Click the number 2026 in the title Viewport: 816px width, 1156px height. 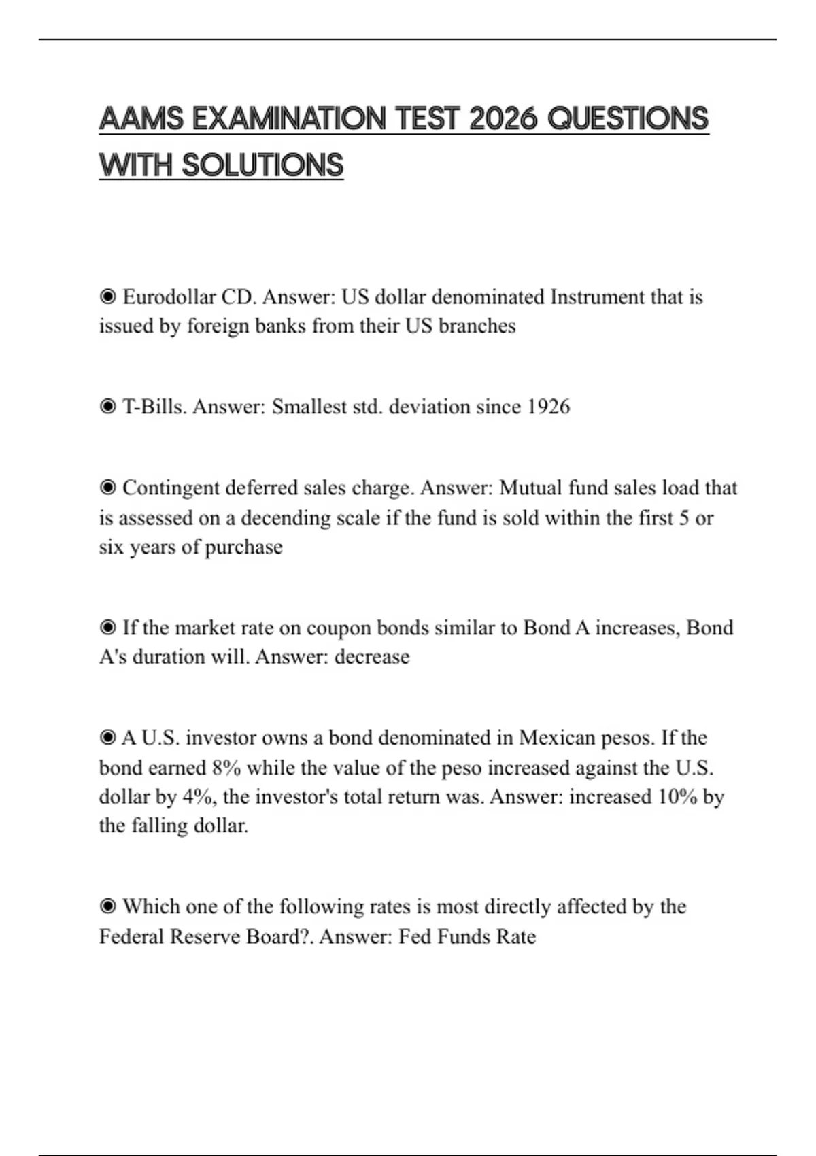[505, 119]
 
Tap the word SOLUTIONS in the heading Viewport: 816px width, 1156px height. [262, 166]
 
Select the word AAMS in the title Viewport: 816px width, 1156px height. [141, 119]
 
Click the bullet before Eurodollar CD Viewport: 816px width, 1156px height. [107, 297]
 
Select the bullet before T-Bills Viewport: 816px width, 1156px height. [107, 407]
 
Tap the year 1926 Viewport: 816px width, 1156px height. [548, 407]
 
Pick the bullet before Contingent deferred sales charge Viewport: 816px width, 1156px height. [107, 488]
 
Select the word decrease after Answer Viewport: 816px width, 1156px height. [372, 657]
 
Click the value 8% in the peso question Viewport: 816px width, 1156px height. [226, 768]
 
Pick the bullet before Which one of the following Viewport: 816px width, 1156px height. [107, 906]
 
